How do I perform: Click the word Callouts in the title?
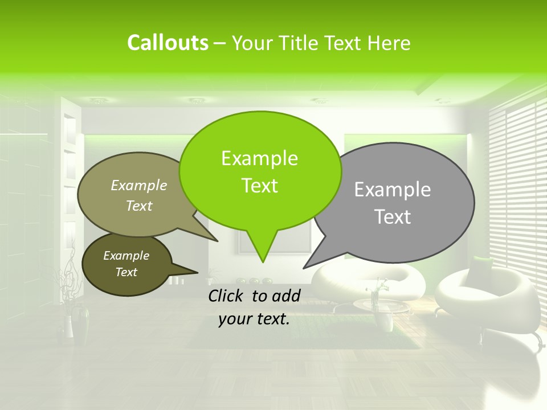tap(168, 43)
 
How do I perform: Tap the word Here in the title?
tap(389, 43)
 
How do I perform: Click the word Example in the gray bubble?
tap(392, 190)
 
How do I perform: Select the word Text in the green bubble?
tap(259, 186)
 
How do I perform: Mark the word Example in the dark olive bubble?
tap(126, 256)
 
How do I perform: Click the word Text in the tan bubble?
tap(139, 206)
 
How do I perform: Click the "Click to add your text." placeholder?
tap(254, 307)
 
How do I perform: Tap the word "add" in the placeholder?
tap(286, 296)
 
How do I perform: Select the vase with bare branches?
tap(68, 319)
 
